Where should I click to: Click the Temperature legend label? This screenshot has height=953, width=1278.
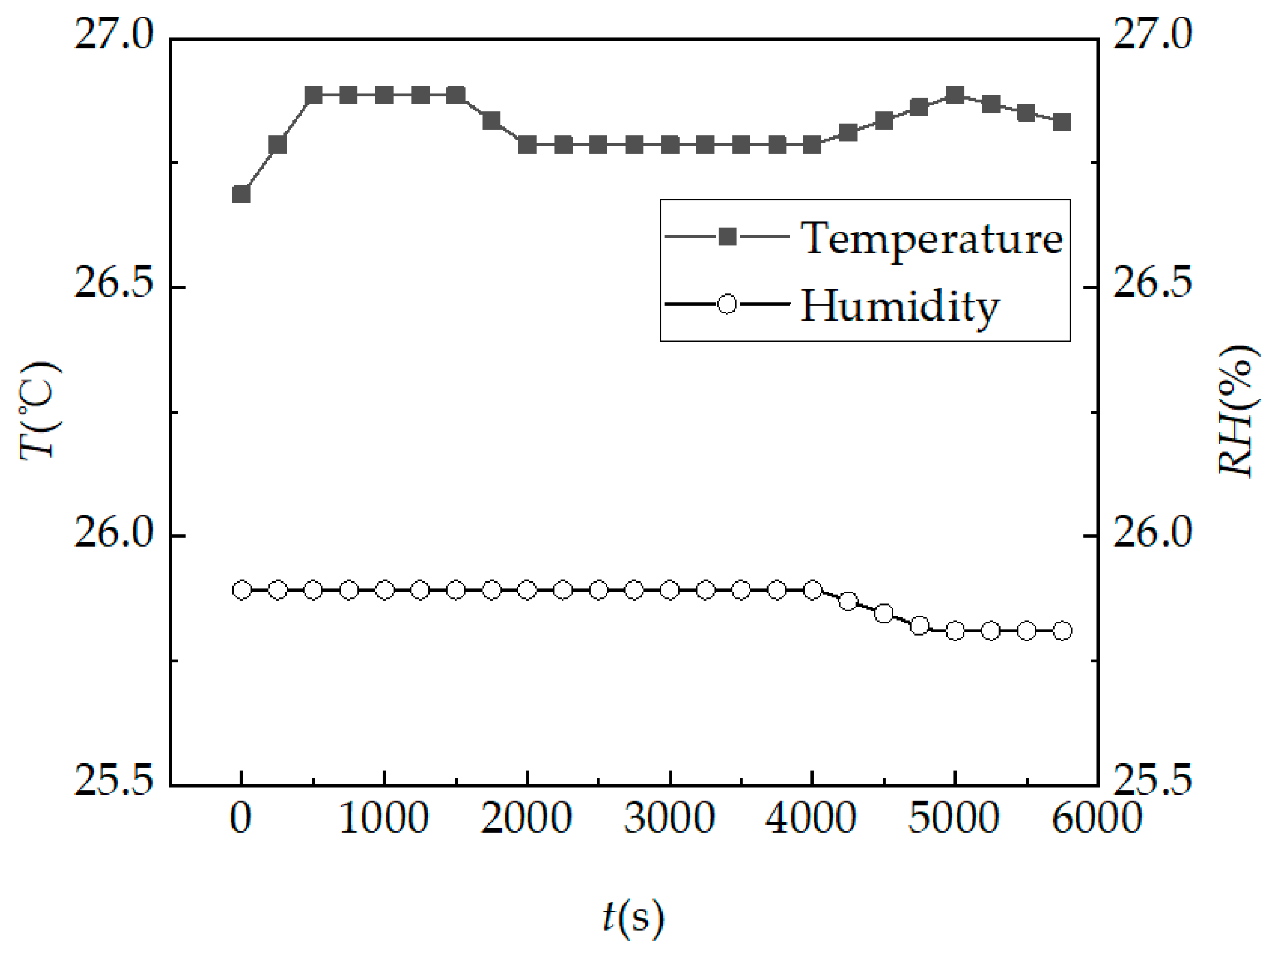pos(931,238)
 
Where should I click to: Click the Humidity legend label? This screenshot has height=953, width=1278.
pos(899,306)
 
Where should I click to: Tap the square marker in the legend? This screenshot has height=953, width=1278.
pos(727,237)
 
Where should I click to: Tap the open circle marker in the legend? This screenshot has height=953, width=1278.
pos(727,304)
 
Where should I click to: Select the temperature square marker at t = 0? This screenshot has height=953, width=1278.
pos(241,194)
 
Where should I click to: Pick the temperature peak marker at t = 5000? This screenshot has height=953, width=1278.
pos(955,95)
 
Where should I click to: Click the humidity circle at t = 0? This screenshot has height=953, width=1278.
pos(242,590)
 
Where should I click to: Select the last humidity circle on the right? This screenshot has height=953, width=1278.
pos(1062,631)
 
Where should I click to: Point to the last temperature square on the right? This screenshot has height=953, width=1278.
pos(1062,122)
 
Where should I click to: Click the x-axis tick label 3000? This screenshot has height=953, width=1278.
pos(670,818)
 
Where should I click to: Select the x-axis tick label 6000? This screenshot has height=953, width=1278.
pos(1096,818)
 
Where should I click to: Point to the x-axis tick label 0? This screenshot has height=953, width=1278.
pos(240,818)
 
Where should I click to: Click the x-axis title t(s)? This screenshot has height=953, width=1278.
pos(633,917)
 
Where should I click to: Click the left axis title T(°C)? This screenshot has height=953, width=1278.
pos(39,411)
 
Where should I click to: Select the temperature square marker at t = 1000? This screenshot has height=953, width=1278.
pos(384,95)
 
